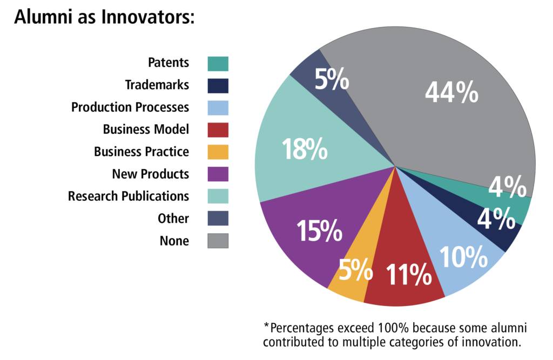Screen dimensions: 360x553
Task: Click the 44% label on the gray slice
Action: (x=451, y=93)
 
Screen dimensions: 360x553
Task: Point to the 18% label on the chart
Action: (x=305, y=149)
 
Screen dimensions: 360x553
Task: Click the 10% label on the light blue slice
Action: (x=463, y=257)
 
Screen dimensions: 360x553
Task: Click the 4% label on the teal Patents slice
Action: (x=508, y=188)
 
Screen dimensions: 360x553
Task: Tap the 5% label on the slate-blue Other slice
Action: (x=332, y=80)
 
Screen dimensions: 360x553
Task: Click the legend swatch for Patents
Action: (x=218, y=63)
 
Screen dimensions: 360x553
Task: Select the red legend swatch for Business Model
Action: (x=218, y=130)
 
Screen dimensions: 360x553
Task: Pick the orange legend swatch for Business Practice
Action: (x=218, y=152)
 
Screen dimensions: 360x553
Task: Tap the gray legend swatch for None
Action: (x=218, y=241)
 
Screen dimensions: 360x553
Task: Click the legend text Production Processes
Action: (x=130, y=107)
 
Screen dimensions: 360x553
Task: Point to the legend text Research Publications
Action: (x=129, y=196)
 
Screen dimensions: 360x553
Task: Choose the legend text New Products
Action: (x=151, y=174)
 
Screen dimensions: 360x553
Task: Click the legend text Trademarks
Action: (x=157, y=85)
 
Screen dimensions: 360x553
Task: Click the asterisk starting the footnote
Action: (x=266, y=325)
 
